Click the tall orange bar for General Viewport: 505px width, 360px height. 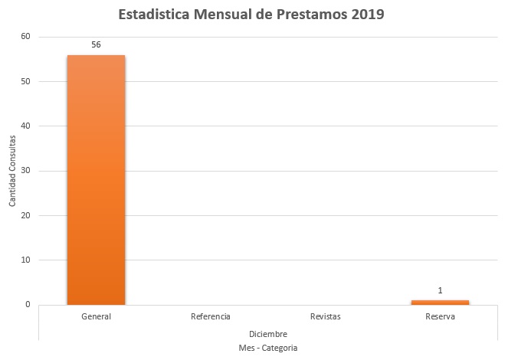point(96,180)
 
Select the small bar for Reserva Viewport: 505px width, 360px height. point(440,302)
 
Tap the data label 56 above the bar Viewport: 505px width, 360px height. point(96,44)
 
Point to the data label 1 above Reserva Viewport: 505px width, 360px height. point(440,290)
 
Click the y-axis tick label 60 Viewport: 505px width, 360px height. point(25,37)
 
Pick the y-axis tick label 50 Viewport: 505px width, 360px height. point(25,81)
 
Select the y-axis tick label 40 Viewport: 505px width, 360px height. point(25,126)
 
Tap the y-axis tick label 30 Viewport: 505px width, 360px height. point(25,171)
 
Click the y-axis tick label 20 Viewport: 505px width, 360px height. point(25,215)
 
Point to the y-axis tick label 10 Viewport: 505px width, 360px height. point(25,260)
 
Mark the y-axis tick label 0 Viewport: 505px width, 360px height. point(28,305)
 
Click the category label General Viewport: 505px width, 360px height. point(96,316)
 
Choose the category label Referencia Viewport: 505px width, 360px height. point(211,316)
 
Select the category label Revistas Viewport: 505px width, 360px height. point(326,316)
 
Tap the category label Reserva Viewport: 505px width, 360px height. point(440,316)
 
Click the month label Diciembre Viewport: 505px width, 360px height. point(268,334)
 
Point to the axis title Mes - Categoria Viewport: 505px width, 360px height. point(268,348)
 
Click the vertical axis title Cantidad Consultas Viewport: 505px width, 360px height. point(12,171)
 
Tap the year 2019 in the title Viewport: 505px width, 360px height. point(368,15)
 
